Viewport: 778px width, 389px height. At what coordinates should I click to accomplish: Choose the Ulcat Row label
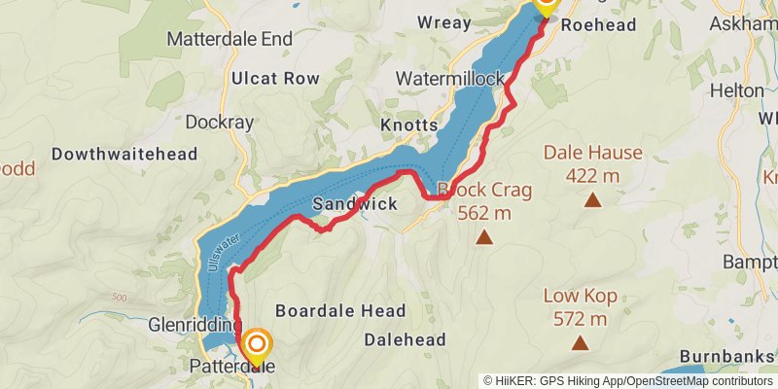[275, 77]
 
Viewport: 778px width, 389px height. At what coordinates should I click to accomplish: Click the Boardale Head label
[340, 311]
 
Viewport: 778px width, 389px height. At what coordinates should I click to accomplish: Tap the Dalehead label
[406, 339]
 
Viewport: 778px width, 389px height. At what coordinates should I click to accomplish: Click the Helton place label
[738, 89]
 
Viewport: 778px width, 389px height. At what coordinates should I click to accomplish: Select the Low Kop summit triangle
[581, 342]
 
